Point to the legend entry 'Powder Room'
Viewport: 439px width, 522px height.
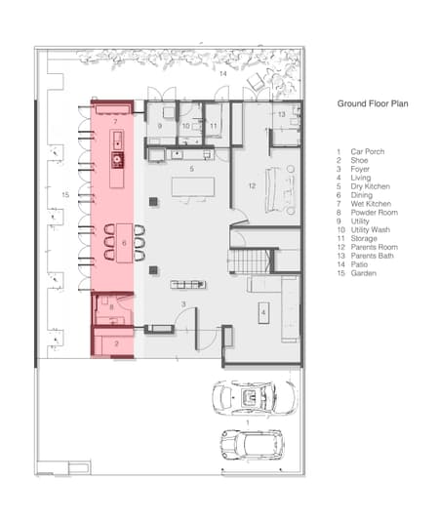pos(374,213)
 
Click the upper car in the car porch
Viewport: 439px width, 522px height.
pos(253,398)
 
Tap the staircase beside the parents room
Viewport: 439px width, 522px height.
pos(252,261)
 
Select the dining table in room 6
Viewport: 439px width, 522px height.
pos(124,243)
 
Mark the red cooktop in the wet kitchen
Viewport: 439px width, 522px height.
pos(117,159)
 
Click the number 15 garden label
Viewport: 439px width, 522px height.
pos(65,195)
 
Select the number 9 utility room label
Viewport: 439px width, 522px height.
pos(159,126)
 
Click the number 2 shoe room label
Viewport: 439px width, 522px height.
pos(116,343)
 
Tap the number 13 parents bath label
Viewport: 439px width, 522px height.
pos(282,115)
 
